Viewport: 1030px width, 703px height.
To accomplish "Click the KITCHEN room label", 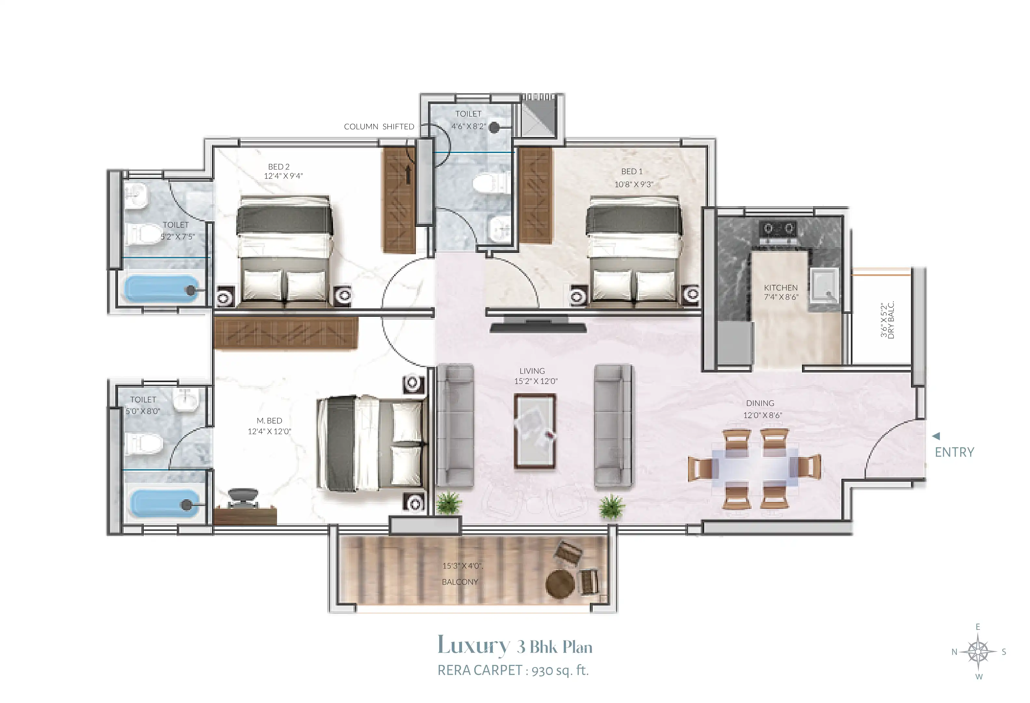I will (781, 288).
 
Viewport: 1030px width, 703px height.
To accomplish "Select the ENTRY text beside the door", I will (954, 452).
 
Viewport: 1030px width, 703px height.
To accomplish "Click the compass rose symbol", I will (979, 652).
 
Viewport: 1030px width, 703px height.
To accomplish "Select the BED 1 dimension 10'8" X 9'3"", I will (633, 185).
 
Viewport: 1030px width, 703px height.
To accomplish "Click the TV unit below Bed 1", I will (538, 326).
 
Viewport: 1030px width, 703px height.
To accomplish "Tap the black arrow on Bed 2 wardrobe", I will (408, 175).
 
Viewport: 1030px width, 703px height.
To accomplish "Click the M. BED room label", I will (269, 420).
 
